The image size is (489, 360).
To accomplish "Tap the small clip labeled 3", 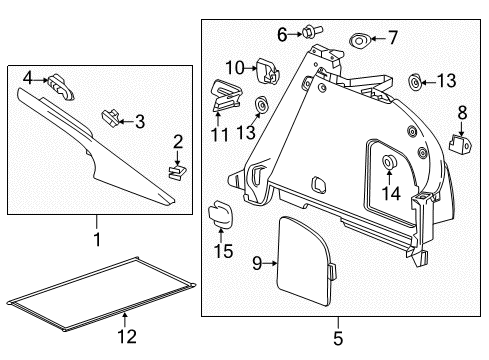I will [109, 118].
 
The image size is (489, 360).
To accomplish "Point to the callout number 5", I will [338, 340].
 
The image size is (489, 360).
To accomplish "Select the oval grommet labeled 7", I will [357, 40].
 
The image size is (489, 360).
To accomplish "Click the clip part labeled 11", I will [226, 89].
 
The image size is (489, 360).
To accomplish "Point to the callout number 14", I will [389, 194].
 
